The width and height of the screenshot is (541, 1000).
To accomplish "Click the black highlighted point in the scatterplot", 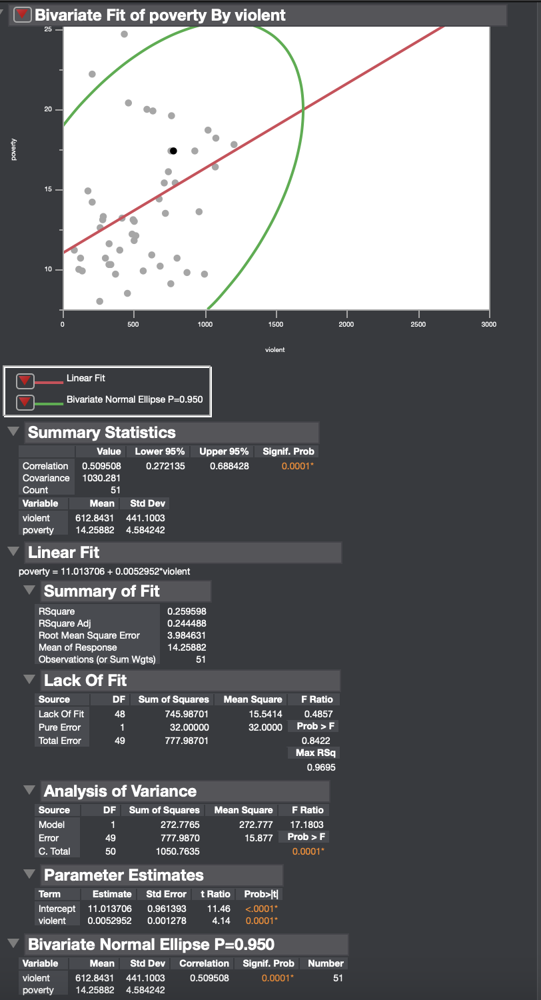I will (x=173, y=151).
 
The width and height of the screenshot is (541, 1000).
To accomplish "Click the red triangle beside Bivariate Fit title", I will (x=23, y=15).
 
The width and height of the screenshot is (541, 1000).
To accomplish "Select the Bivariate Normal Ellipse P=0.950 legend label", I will (x=134, y=400).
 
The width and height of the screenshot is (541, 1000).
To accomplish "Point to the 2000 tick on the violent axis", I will (x=346, y=323).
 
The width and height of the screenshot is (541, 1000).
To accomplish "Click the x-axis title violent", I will (x=274, y=350).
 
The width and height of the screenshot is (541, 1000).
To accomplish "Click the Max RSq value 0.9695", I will (x=321, y=767).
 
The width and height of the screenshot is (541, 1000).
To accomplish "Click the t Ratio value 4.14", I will (x=222, y=921).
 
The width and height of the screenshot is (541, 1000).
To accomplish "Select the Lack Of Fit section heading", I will (x=85, y=681).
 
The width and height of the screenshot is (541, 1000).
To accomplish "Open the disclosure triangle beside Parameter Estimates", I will (x=29, y=873).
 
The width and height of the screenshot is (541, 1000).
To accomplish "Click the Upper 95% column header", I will (x=224, y=451).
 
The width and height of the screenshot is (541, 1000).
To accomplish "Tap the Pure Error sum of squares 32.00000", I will (x=191, y=727).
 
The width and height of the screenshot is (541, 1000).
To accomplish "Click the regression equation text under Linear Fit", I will (x=105, y=571).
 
